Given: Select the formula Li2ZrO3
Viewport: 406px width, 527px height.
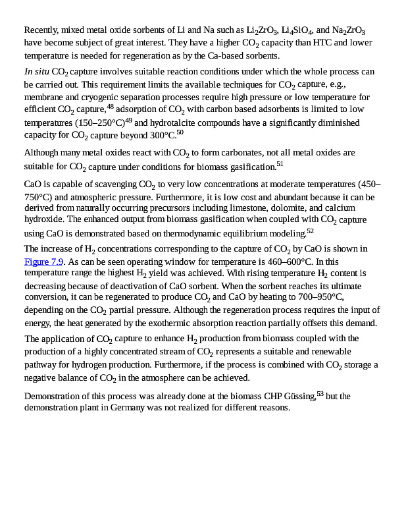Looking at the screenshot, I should pos(260,31).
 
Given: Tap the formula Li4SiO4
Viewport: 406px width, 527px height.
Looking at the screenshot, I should pos(295,31).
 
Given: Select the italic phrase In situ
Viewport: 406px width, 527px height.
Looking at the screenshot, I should pos(37,72).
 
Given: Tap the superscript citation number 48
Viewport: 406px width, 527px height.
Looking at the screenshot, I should pos(110,107).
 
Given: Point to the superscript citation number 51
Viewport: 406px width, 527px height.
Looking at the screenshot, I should pos(280,163).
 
